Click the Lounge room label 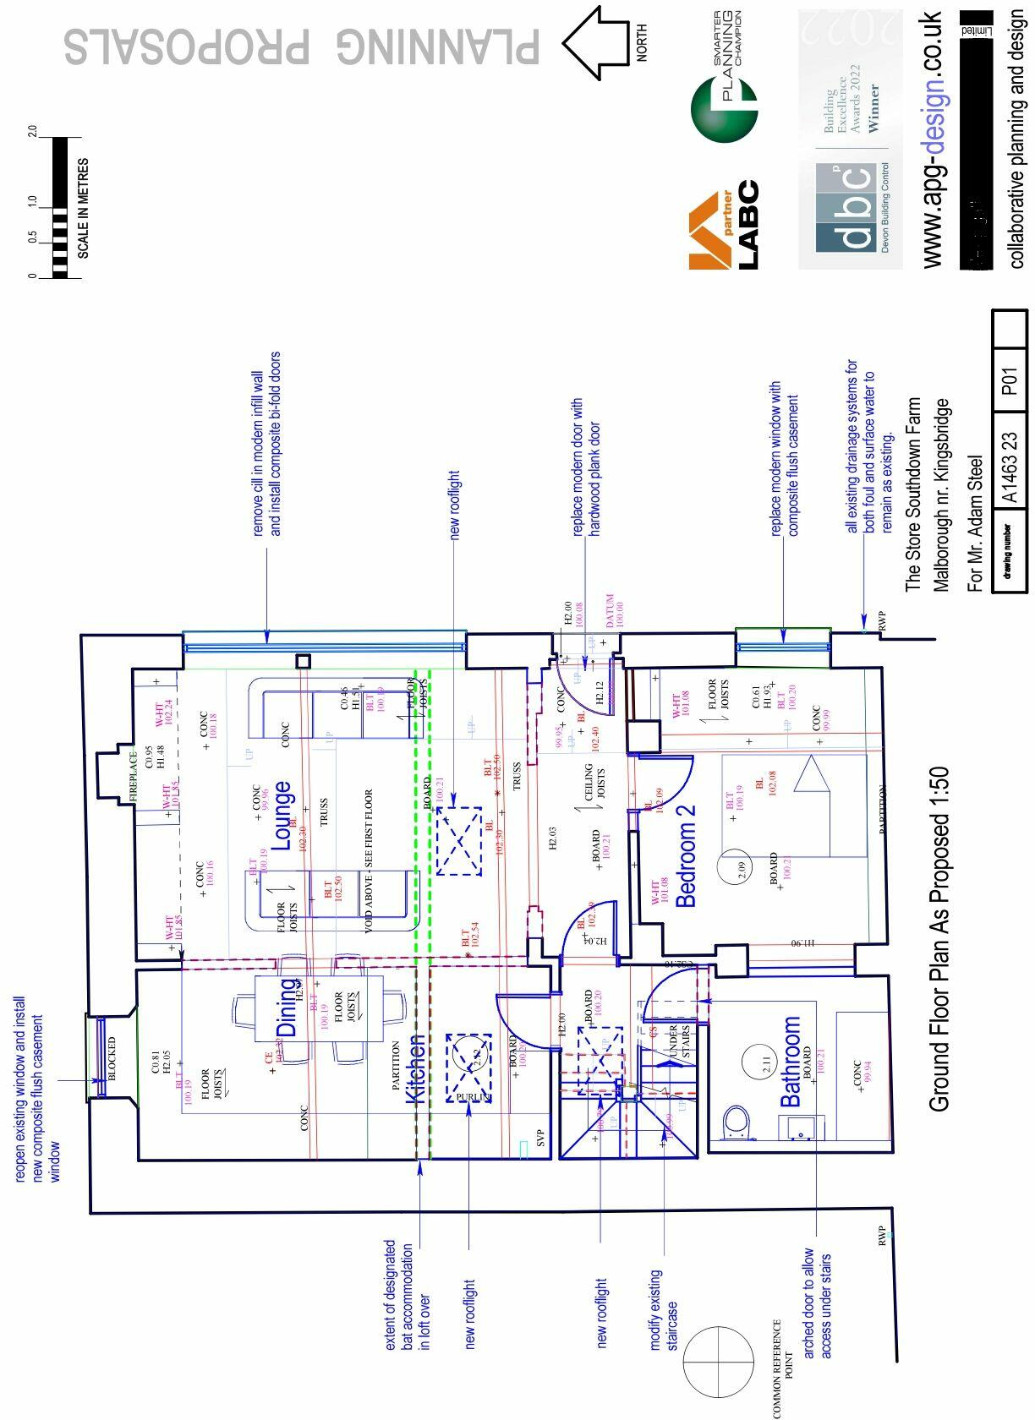(x=282, y=816)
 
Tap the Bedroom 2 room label (x=687, y=855)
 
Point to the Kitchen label (x=415, y=1068)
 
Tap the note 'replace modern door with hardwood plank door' (x=585, y=467)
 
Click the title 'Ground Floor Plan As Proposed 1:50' (x=939, y=938)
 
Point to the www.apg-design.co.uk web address (x=931, y=139)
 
